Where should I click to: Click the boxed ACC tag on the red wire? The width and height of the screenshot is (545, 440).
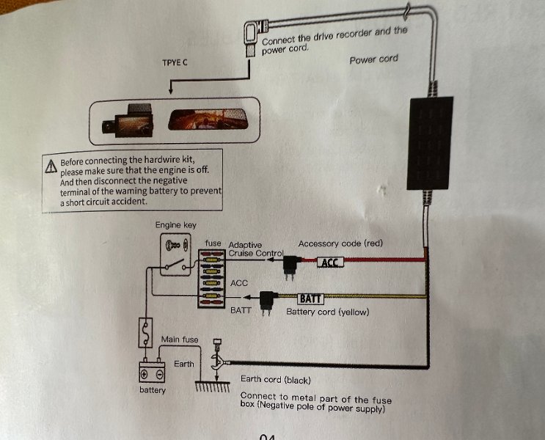click(331, 263)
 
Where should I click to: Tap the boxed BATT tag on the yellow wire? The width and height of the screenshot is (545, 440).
click(311, 298)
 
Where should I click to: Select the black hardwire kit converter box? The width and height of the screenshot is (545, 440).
click(430, 143)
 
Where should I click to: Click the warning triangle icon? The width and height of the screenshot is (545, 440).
click(51, 166)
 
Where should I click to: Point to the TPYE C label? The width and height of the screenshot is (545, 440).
click(175, 62)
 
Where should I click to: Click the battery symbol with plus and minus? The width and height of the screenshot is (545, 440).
click(152, 372)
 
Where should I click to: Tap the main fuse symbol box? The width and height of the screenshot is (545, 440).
click(145, 333)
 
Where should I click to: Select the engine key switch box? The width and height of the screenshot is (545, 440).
click(175, 254)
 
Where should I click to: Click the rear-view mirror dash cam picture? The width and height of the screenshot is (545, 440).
click(207, 120)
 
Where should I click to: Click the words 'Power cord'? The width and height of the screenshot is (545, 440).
click(373, 59)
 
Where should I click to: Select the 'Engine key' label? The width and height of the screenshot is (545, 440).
click(176, 225)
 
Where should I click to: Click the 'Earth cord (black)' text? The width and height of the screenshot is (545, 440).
click(276, 380)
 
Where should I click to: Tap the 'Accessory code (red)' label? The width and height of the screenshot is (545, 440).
click(340, 243)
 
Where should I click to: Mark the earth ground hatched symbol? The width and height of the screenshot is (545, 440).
click(213, 386)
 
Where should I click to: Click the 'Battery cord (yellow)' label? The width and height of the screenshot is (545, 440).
click(327, 312)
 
